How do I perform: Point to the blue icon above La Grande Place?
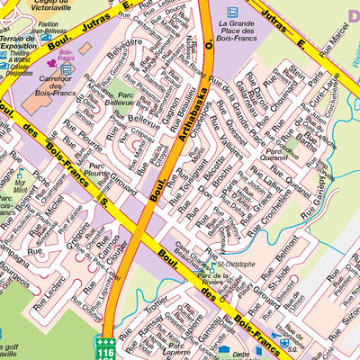[x=233, y=12]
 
